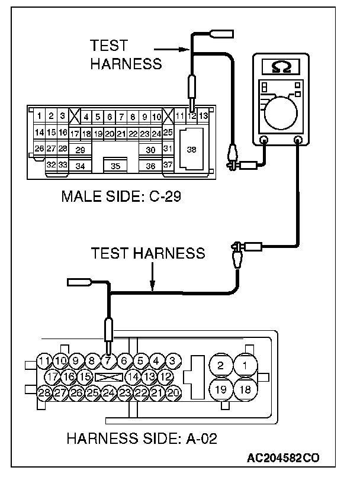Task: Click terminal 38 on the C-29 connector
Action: (x=191, y=150)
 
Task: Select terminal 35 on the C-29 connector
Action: (x=115, y=166)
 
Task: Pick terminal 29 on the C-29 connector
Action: (x=81, y=150)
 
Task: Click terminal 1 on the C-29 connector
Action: (x=39, y=116)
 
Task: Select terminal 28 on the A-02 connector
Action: (x=44, y=392)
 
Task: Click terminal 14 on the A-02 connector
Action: (x=133, y=376)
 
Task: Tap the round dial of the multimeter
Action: (x=281, y=112)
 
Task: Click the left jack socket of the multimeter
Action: (x=263, y=140)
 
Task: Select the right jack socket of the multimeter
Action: (x=298, y=140)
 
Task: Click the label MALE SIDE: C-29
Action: (x=120, y=196)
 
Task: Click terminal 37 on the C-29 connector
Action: (x=168, y=165)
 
